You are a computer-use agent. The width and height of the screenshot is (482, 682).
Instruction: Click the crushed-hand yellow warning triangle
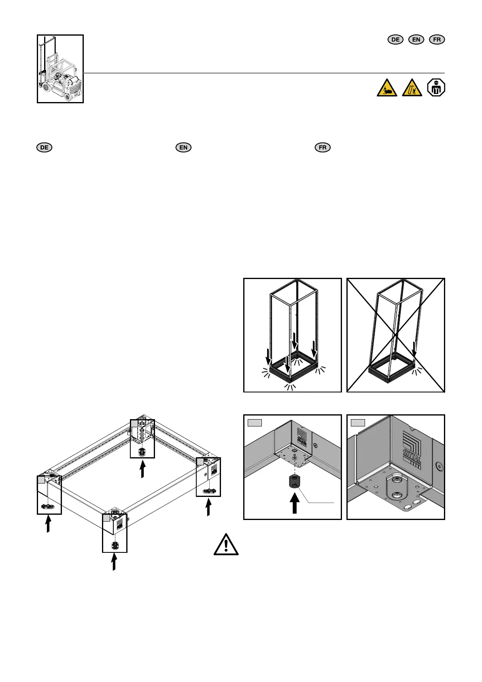(387, 88)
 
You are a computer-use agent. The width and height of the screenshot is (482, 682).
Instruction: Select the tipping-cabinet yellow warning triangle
(412, 88)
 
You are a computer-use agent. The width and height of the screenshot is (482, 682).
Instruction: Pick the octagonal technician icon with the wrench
(436, 87)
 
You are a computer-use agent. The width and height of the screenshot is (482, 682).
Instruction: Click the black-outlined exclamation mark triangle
(226, 544)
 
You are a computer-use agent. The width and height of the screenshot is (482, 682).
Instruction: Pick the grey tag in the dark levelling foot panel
(255, 423)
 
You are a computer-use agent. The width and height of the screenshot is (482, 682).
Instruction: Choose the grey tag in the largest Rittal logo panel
(358, 423)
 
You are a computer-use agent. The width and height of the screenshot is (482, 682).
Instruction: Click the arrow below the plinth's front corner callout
(114, 562)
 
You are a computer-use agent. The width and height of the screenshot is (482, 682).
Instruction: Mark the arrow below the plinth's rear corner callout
(142, 471)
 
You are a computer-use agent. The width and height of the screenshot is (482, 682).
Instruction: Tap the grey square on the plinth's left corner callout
(41, 480)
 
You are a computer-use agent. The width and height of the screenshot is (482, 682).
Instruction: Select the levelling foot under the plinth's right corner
(208, 491)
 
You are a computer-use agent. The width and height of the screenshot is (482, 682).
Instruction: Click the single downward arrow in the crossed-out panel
(414, 349)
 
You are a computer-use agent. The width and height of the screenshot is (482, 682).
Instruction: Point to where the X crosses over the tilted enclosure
(396, 335)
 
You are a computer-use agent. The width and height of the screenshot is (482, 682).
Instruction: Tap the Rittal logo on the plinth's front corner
(120, 525)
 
